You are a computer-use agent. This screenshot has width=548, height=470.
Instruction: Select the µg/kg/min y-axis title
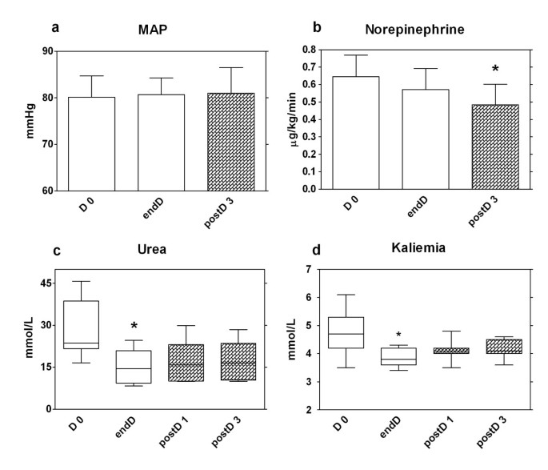[x=282, y=120]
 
